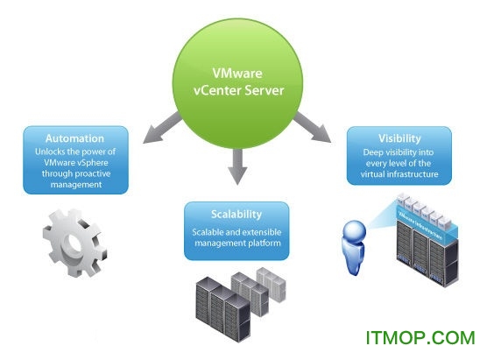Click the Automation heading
tap(74, 138)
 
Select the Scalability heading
tap(236, 214)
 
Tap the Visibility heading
tap(399, 138)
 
